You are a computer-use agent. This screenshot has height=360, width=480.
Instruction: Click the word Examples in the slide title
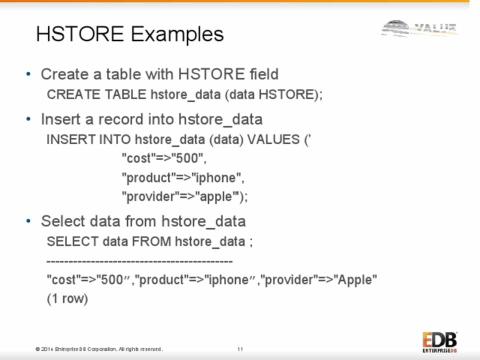click(x=177, y=34)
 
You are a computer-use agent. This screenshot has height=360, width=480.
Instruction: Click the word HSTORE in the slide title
click(x=80, y=33)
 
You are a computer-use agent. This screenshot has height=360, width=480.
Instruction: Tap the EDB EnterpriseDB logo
click(x=440, y=342)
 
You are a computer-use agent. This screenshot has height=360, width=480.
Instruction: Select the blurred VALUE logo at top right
click(x=419, y=28)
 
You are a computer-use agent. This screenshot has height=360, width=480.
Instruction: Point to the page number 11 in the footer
click(x=240, y=349)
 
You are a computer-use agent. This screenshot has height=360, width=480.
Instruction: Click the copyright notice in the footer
click(x=99, y=349)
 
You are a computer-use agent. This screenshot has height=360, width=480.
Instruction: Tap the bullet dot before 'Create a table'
click(x=28, y=74)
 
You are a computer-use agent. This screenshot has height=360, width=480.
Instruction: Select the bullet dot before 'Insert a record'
click(x=28, y=119)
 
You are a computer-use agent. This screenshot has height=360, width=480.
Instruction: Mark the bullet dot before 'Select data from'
click(x=28, y=220)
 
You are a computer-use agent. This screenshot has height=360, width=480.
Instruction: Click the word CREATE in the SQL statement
click(x=73, y=94)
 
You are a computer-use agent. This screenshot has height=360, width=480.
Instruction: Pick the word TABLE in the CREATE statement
click(x=125, y=94)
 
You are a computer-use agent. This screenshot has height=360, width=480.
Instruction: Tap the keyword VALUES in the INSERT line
click(x=273, y=139)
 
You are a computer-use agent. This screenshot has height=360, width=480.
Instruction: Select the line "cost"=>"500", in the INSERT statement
click(x=164, y=158)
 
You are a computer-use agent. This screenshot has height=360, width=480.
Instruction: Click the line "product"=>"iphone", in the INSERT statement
click(x=183, y=178)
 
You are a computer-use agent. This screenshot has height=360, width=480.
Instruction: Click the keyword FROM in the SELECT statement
click(x=151, y=241)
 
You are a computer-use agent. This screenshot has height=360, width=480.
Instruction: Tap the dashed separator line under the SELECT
click(x=139, y=261)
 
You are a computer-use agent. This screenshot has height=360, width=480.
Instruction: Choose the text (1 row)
click(x=67, y=298)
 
